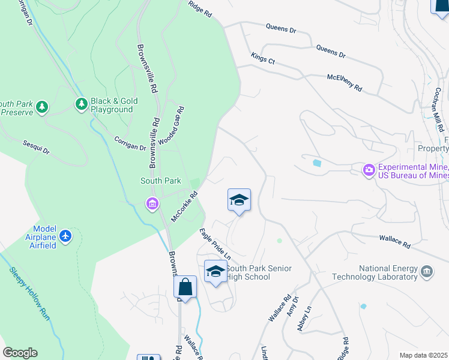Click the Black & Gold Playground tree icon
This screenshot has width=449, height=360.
tap(81, 105)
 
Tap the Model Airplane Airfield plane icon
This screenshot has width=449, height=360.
tap(65, 236)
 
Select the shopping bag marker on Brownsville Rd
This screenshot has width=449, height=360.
tap(185, 287)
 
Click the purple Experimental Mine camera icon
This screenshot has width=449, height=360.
tap(369, 171)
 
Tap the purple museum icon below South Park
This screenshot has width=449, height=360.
tap(152, 205)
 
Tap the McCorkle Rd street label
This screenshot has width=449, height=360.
tap(184, 206)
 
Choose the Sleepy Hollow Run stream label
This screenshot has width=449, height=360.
tap(29, 293)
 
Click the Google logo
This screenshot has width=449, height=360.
tap(20, 353)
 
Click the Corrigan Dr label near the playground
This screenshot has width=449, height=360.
tap(130, 143)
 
